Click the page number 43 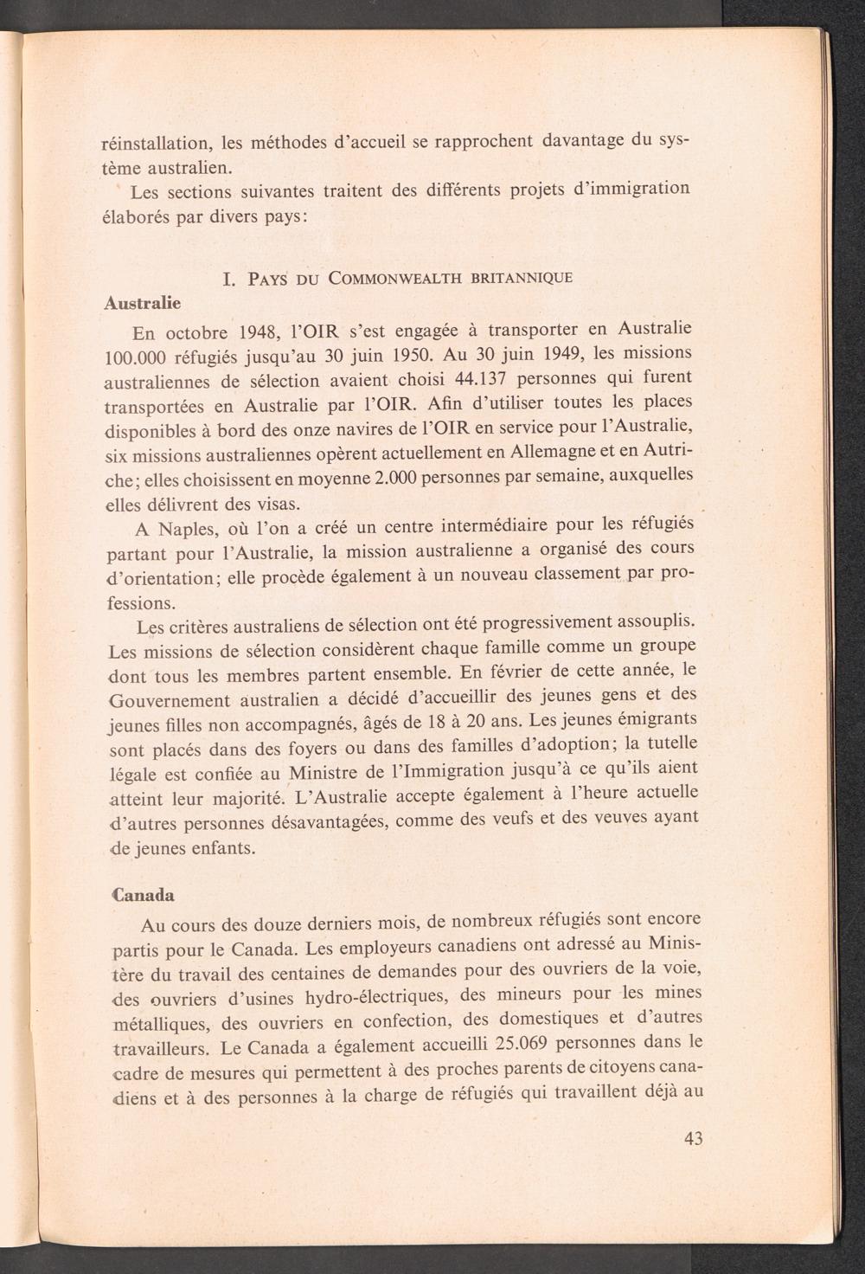click(693, 1138)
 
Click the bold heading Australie click(142, 303)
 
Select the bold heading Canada click(143, 894)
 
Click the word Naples click(189, 530)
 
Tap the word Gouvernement click(170, 700)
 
